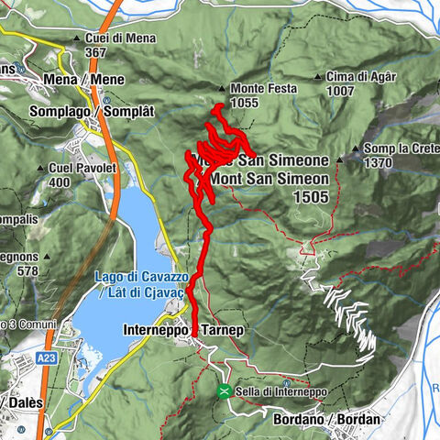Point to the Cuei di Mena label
pos(118,39)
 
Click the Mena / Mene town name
pos(82,80)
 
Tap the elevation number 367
pos(96,52)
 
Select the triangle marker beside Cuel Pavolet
pos(42,169)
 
